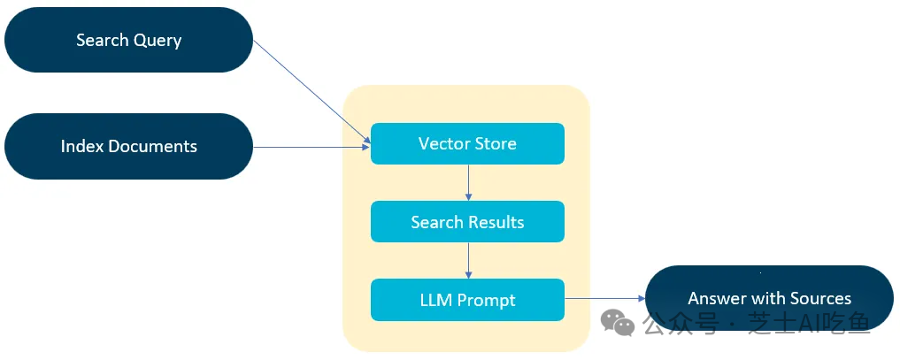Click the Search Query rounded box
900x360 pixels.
pos(128,40)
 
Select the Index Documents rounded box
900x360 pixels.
pos(128,146)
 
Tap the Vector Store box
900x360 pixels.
pos(467,143)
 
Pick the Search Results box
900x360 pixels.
pos(467,221)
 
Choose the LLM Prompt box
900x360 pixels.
pos(467,300)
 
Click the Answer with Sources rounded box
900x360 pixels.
pos(769,298)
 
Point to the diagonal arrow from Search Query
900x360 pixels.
pos(312,92)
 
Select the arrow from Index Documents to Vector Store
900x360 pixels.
pos(312,148)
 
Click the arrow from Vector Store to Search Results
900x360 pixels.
pos(468,182)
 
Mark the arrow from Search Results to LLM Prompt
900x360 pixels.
pos(468,260)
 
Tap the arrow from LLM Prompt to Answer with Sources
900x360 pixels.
pos(605,298)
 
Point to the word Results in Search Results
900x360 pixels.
pos(497,222)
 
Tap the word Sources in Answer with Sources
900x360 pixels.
pos(820,299)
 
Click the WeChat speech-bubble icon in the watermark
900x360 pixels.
pos(618,324)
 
